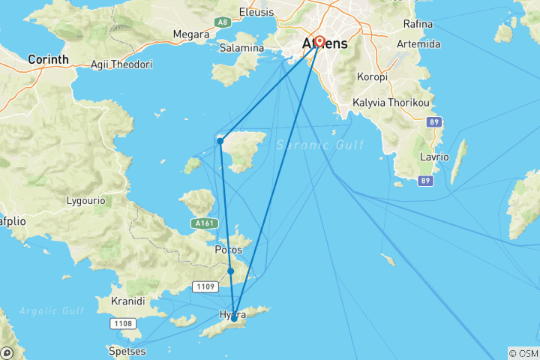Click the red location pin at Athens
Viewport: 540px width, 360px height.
tap(319, 42)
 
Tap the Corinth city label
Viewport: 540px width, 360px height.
tap(48, 58)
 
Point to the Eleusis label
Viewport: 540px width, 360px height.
tap(256, 11)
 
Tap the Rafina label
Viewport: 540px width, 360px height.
tap(418, 24)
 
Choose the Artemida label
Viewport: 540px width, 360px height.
tap(422, 43)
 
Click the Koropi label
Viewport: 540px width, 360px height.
tap(371, 77)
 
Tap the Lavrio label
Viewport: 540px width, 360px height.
tap(434, 157)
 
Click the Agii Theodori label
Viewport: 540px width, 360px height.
tap(120, 64)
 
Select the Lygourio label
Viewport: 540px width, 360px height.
tap(85, 201)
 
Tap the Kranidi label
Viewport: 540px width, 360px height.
tap(127, 301)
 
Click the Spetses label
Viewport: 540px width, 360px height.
tap(127, 350)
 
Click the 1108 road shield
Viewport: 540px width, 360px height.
tap(124, 323)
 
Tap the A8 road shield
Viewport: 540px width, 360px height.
tap(222, 22)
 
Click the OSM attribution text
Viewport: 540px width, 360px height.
tap(523, 353)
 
